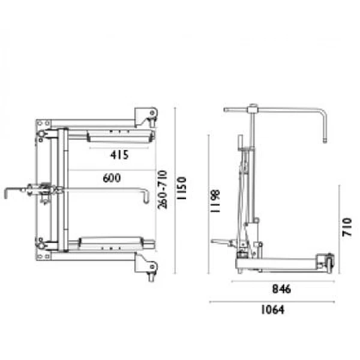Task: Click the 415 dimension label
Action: [x=119, y=155]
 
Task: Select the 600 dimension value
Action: [x=112, y=178]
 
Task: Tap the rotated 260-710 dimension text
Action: [x=163, y=190]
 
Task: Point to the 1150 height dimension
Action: [x=182, y=188]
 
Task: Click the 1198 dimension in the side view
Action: [x=215, y=202]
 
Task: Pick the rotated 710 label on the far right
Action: [x=347, y=227]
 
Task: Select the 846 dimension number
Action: [x=281, y=289]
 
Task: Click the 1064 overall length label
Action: [x=273, y=310]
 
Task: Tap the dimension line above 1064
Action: [x=272, y=302]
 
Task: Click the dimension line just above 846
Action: [x=283, y=281]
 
